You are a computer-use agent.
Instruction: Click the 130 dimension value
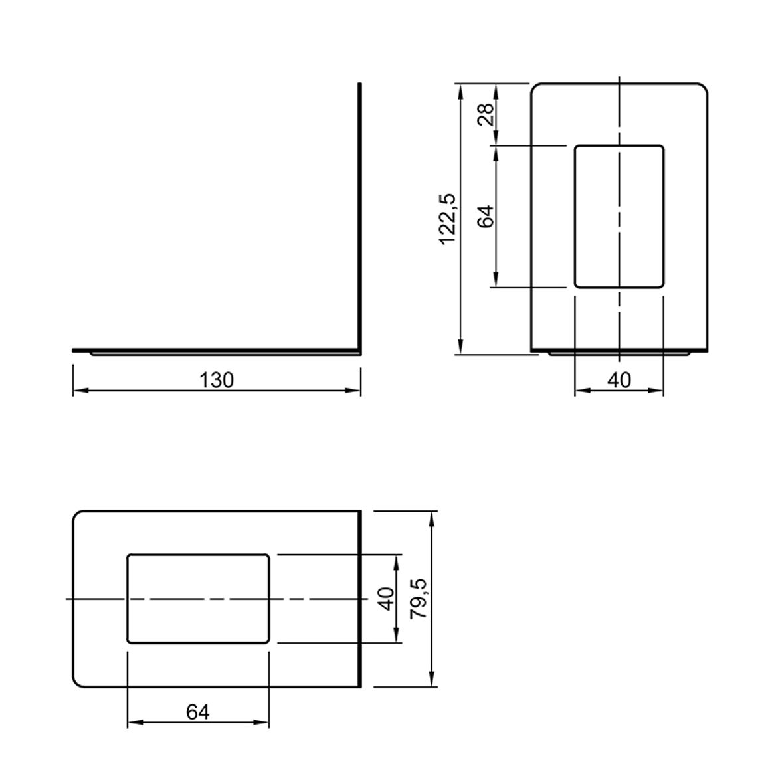pos(217,380)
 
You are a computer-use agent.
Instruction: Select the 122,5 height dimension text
pos(448,219)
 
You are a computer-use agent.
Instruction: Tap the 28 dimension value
pos(486,115)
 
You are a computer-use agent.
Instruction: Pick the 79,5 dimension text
pos(419,598)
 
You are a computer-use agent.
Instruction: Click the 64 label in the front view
pos(486,216)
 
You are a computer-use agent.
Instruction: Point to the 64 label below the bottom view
pos(198,712)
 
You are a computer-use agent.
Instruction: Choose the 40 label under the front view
pos(619,380)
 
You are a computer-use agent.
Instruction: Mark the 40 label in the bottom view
pos(387,599)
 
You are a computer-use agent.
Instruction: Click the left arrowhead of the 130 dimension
pos(81,391)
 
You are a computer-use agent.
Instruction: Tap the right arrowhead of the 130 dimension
pos(353,391)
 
